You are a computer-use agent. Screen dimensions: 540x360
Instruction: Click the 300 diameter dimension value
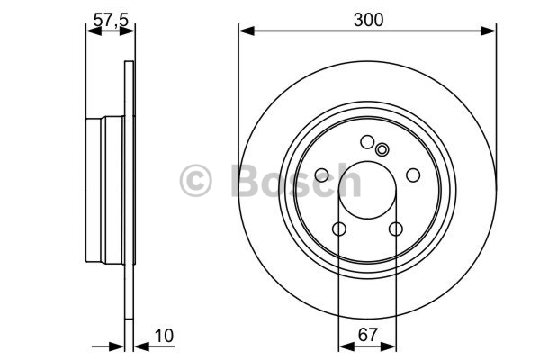tap(368, 20)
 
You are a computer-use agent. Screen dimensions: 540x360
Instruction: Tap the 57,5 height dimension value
tap(111, 20)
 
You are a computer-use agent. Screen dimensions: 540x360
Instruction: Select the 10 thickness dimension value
tap(165, 336)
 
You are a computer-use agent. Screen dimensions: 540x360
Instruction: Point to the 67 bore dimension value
tap(368, 335)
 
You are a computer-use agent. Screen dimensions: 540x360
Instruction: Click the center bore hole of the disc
tap(367, 190)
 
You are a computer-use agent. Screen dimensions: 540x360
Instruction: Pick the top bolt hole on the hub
tap(367, 142)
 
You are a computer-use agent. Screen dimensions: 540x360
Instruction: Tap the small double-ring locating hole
tap(382, 150)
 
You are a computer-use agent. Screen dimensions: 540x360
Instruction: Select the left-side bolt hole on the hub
tap(322, 175)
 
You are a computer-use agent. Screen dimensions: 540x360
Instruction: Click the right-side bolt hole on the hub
tap(413, 175)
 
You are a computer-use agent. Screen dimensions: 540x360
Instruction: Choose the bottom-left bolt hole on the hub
tap(339, 229)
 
